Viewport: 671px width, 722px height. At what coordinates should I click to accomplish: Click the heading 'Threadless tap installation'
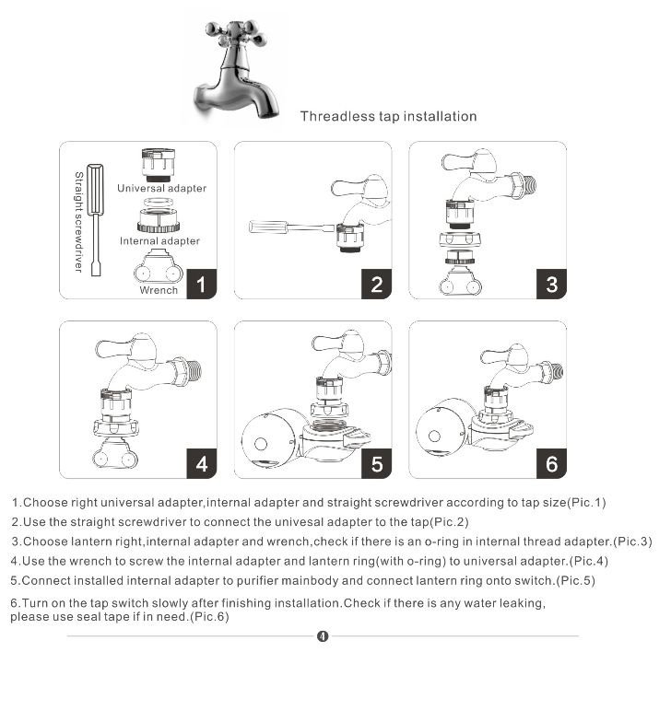point(388,117)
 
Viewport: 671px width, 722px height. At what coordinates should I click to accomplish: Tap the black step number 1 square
point(201,284)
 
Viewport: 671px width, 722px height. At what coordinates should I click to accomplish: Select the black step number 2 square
point(376,284)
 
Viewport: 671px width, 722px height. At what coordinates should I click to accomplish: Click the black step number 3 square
point(551,284)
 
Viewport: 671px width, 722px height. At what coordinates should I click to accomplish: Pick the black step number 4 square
point(201,463)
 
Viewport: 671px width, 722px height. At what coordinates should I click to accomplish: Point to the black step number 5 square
point(376,463)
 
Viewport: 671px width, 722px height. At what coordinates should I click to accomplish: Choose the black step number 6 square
point(551,463)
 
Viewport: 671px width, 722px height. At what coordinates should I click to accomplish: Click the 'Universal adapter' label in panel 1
point(161,189)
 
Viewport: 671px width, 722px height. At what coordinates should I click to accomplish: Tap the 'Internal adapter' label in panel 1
point(159,241)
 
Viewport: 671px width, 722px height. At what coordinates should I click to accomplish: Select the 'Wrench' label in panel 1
point(159,291)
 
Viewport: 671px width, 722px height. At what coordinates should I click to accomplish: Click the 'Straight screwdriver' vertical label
point(78,221)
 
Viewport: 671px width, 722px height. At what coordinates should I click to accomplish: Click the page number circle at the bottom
point(322,636)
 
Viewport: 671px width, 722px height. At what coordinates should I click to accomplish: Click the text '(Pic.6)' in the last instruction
point(208,617)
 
